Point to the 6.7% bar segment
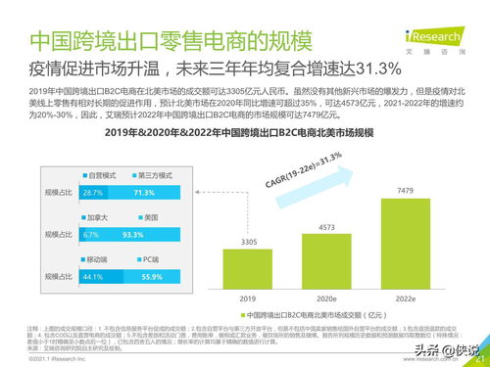[91, 236]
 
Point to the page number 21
[479, 357]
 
